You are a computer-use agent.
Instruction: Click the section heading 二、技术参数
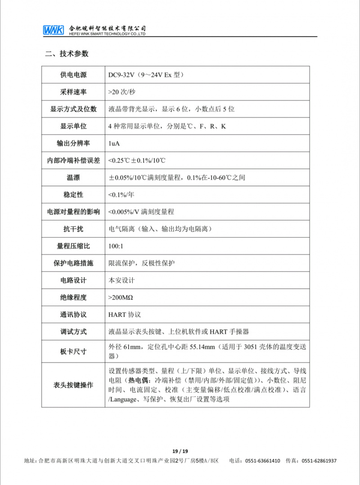pos(67,54)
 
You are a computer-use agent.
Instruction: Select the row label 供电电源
pos(73,75)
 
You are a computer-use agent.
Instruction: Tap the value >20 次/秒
pos(121,92)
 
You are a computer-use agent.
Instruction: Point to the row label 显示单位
pos(73,126)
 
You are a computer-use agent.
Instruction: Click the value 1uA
pos(114,143)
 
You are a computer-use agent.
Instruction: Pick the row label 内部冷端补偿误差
pos(73,160)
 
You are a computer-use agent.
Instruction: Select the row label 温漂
pos(73,178)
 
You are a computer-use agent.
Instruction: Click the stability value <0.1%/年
pos(121,195)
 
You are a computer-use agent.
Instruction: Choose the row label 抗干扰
pos(73,229)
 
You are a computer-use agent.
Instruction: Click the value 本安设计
pos(121,280)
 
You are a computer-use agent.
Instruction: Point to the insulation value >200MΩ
pos(121,297)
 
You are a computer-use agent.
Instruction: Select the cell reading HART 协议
pos(125,314)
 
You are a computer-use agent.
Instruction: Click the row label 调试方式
pos(73,332)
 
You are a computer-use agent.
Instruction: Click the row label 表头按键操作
pos(73,385)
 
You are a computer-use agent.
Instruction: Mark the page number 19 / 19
pos(180,451)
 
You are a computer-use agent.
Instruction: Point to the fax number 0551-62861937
pos(319,461)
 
